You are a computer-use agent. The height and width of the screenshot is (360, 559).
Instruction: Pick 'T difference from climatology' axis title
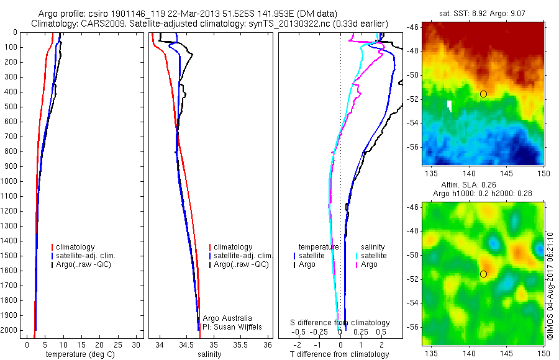pyautogui.click(x=340, y=354)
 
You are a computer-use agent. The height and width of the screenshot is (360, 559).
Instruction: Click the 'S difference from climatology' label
pyautogui.click(x=340, y=323)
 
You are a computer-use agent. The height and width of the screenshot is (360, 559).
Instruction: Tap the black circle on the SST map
pyautogui.click(x=483, y=94)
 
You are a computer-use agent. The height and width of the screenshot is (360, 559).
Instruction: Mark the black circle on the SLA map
pyautogui.click(x=483, y=274)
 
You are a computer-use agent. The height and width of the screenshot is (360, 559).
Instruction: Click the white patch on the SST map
pyautogui.click(x=449, y=106)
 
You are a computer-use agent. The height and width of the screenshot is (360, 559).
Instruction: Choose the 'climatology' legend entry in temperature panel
pyautogui.click(x=76, y=247)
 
